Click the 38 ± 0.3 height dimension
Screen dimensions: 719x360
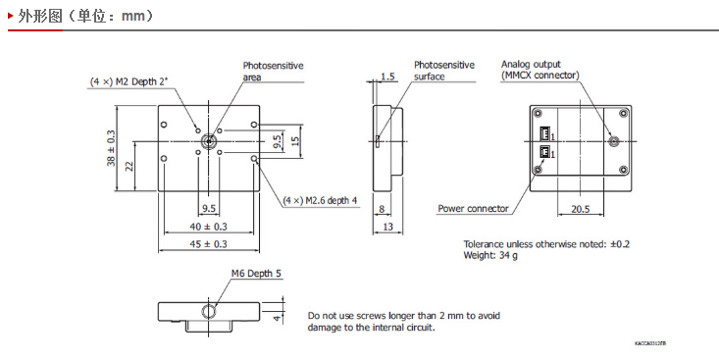click(x=112, y=148)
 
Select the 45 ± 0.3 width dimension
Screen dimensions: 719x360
click(x=209, y=244)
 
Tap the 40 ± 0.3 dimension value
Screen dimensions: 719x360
click(x=209, y=227)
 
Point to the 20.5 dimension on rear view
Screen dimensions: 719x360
click(x=581, y=209)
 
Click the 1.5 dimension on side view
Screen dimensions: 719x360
click(x=387, y=77)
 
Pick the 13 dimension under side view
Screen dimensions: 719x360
click(x=387, y=227)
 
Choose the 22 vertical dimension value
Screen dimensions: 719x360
click(x=129, y=166)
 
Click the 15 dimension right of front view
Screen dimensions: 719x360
click(x=295, y=141)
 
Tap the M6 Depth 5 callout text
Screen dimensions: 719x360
click(x=256, y=274)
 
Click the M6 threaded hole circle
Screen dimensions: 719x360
click(x=209, y=311)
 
